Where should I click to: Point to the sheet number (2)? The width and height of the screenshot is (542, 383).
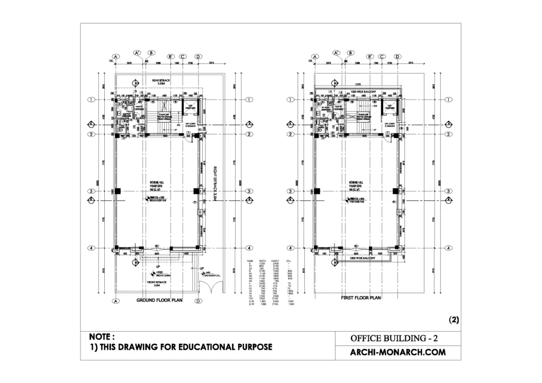[454, 320]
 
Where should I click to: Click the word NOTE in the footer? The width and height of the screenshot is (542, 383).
[102, 336]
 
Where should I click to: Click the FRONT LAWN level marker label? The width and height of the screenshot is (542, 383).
[161, 274]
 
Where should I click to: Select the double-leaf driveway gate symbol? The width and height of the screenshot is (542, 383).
[211, 288]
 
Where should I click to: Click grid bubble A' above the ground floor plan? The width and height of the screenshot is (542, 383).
[137, 53]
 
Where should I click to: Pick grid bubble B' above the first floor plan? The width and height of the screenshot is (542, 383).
[370, 57]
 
